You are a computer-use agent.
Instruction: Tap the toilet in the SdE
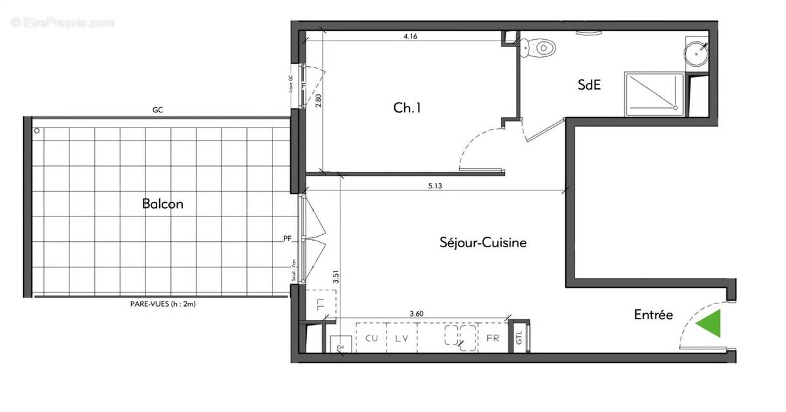(x=543, y=47)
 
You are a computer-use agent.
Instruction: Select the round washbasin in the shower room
(x=696, y=52)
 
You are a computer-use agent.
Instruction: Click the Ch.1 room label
(x=407, y=109)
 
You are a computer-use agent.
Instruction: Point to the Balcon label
(x=162, y=204)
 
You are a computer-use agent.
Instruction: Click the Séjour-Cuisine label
(x=483, y=243)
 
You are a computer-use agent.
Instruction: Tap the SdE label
(x=589, y=84)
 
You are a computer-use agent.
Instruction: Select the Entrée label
(x=653, y=315)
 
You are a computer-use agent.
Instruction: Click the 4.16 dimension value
(x=411, y=37)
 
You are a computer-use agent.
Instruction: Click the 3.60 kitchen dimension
(x=417, y=314)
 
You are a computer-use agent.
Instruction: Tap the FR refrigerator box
(x=493, y=338)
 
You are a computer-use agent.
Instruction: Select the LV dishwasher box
(x=402, y=338)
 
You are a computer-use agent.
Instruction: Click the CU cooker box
(x=371, y=338)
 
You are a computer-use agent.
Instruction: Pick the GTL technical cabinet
(x=519, y=337)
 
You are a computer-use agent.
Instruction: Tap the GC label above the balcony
(x=157, y=111)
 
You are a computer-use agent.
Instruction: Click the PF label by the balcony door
(x=287, y=239)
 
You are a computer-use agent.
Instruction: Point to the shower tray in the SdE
(x=654, y=94)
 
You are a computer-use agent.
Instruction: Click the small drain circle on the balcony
(x=37, y=130)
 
